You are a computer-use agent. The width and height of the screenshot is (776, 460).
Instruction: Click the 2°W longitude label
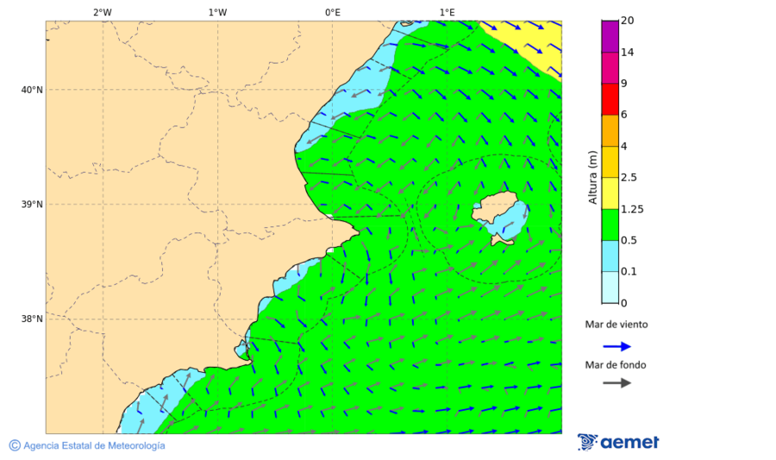click(x=102, y=12)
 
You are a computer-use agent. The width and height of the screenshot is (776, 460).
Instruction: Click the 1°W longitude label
click(x=217, y=12)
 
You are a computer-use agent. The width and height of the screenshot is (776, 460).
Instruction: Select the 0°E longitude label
click(x=332, y=12)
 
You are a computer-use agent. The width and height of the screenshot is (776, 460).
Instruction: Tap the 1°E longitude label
click(x=447, y=12)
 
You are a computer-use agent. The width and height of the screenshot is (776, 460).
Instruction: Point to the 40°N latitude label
click(x=32, y=90)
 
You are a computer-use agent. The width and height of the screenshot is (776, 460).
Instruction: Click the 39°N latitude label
click(x=32, y=205)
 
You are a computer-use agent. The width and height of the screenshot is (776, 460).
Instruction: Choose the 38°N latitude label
click(x=32, y=319)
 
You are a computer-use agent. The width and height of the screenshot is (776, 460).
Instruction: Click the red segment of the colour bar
click(x=610, y=99)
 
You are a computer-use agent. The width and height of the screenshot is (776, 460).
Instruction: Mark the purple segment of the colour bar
click(x=610, y=36)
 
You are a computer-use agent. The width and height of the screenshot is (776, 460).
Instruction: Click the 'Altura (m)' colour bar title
click(x=592, y=178)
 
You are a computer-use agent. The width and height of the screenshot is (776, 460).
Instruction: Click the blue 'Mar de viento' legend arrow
click(x=616, y=346)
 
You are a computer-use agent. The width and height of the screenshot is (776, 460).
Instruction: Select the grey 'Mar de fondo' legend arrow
click(x=616, y=383)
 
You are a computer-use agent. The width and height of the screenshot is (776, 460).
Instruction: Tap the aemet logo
click(x=618, y=442)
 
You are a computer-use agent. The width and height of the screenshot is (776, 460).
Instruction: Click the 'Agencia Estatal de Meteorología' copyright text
click(x=87, y=445)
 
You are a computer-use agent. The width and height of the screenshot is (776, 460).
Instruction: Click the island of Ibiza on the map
click(x=499, y=211)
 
